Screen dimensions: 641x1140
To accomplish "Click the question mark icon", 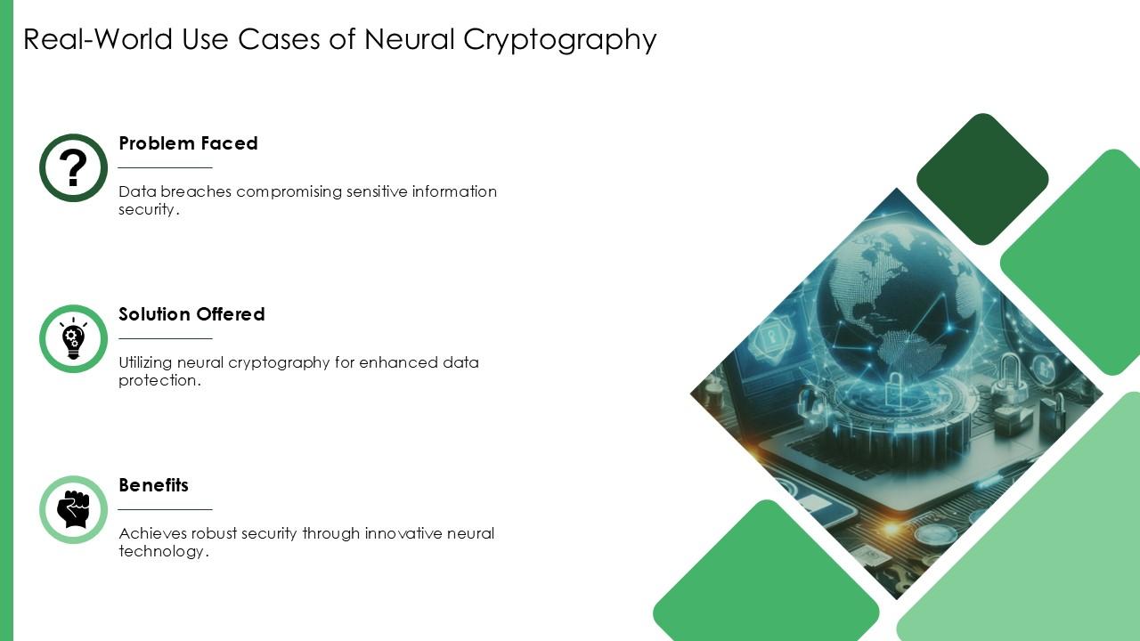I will point(73,167).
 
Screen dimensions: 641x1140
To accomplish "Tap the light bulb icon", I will point(73,338).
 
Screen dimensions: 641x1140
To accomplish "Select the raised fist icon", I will point(73,509).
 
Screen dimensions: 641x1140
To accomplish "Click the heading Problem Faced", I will point(188,143).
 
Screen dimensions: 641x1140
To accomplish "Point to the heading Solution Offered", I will point(191,314).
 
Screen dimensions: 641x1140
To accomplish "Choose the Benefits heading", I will point(153,485).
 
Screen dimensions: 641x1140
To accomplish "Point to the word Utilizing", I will point(145,362).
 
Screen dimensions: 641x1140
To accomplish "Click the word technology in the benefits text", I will point(162,551).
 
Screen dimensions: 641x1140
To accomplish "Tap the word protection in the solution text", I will point(159,380).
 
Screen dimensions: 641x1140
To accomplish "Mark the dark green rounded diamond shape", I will point(982,179).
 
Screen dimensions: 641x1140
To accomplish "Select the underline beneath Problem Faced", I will point(166,167).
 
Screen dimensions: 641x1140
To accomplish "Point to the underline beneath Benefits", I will point(166,509).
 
